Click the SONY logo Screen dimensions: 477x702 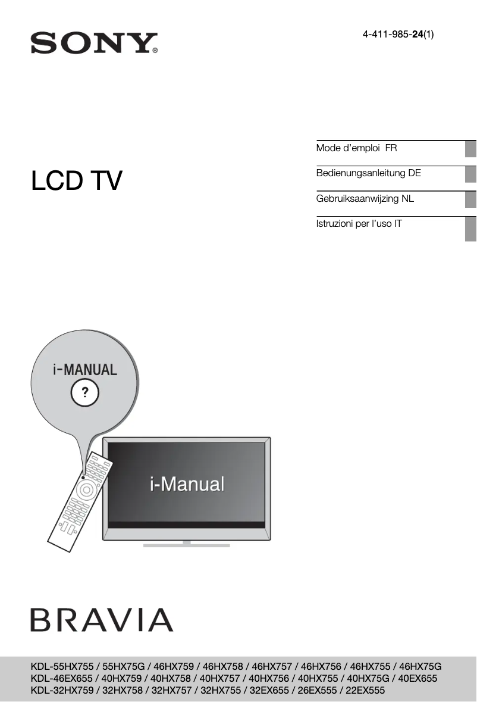(93, 43)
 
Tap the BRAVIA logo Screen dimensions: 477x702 (102, 620)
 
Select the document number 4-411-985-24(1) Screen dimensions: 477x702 (398, 35)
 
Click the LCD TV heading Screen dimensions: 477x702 (77, 181)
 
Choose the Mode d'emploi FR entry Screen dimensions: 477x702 (356, 148)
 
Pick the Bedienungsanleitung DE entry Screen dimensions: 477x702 (368, 173)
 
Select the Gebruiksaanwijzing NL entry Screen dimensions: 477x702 (365, 198)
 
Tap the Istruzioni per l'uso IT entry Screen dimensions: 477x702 (359, 224)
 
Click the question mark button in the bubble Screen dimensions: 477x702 (85, 392)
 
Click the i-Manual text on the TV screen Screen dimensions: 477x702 (187, 484)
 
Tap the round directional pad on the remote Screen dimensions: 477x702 (86, 491)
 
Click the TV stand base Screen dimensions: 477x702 (187, 544)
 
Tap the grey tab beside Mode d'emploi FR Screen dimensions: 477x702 (470, 148)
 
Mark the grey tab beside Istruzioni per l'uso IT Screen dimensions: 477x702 (470, 229)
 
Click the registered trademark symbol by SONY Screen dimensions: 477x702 (155, 51)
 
